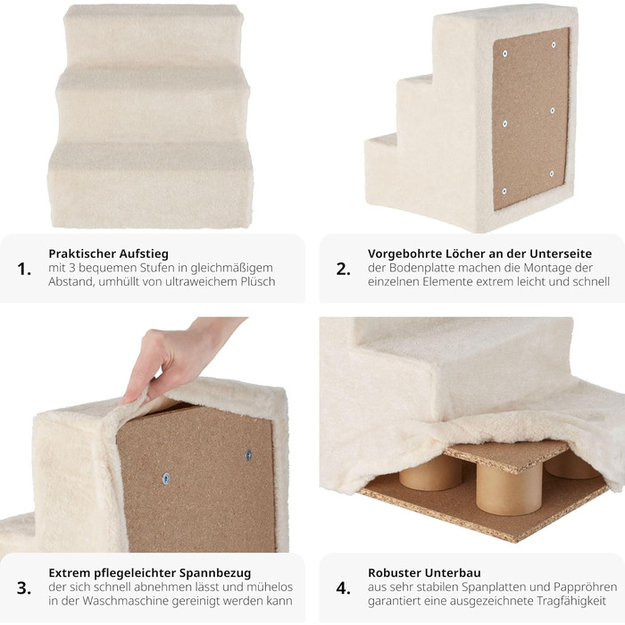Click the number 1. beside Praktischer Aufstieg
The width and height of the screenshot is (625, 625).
pyautogui.click(x=24, y=269)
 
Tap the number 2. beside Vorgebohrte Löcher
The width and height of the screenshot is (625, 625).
pyautogui.click(x=343, y=269)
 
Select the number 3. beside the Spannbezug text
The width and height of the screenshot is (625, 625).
pyautogui.click(x=24, y=587)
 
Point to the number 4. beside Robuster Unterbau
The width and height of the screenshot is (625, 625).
pyautogui.click(x=343, y=587)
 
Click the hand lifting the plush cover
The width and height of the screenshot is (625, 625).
pyautogui.click(x=175, y=354)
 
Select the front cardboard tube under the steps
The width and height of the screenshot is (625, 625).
pyautogui.click(x=509, y=488)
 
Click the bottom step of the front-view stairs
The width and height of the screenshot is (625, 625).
pyautogui.click(x=150, y=186)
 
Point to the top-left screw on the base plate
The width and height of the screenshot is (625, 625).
pyautogui.click(x=505, y=54)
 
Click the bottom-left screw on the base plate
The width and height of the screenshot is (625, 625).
pyautogui.click(x=504, y=191)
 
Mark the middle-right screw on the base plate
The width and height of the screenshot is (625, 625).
pyautogui.click(x=553, y=111)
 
